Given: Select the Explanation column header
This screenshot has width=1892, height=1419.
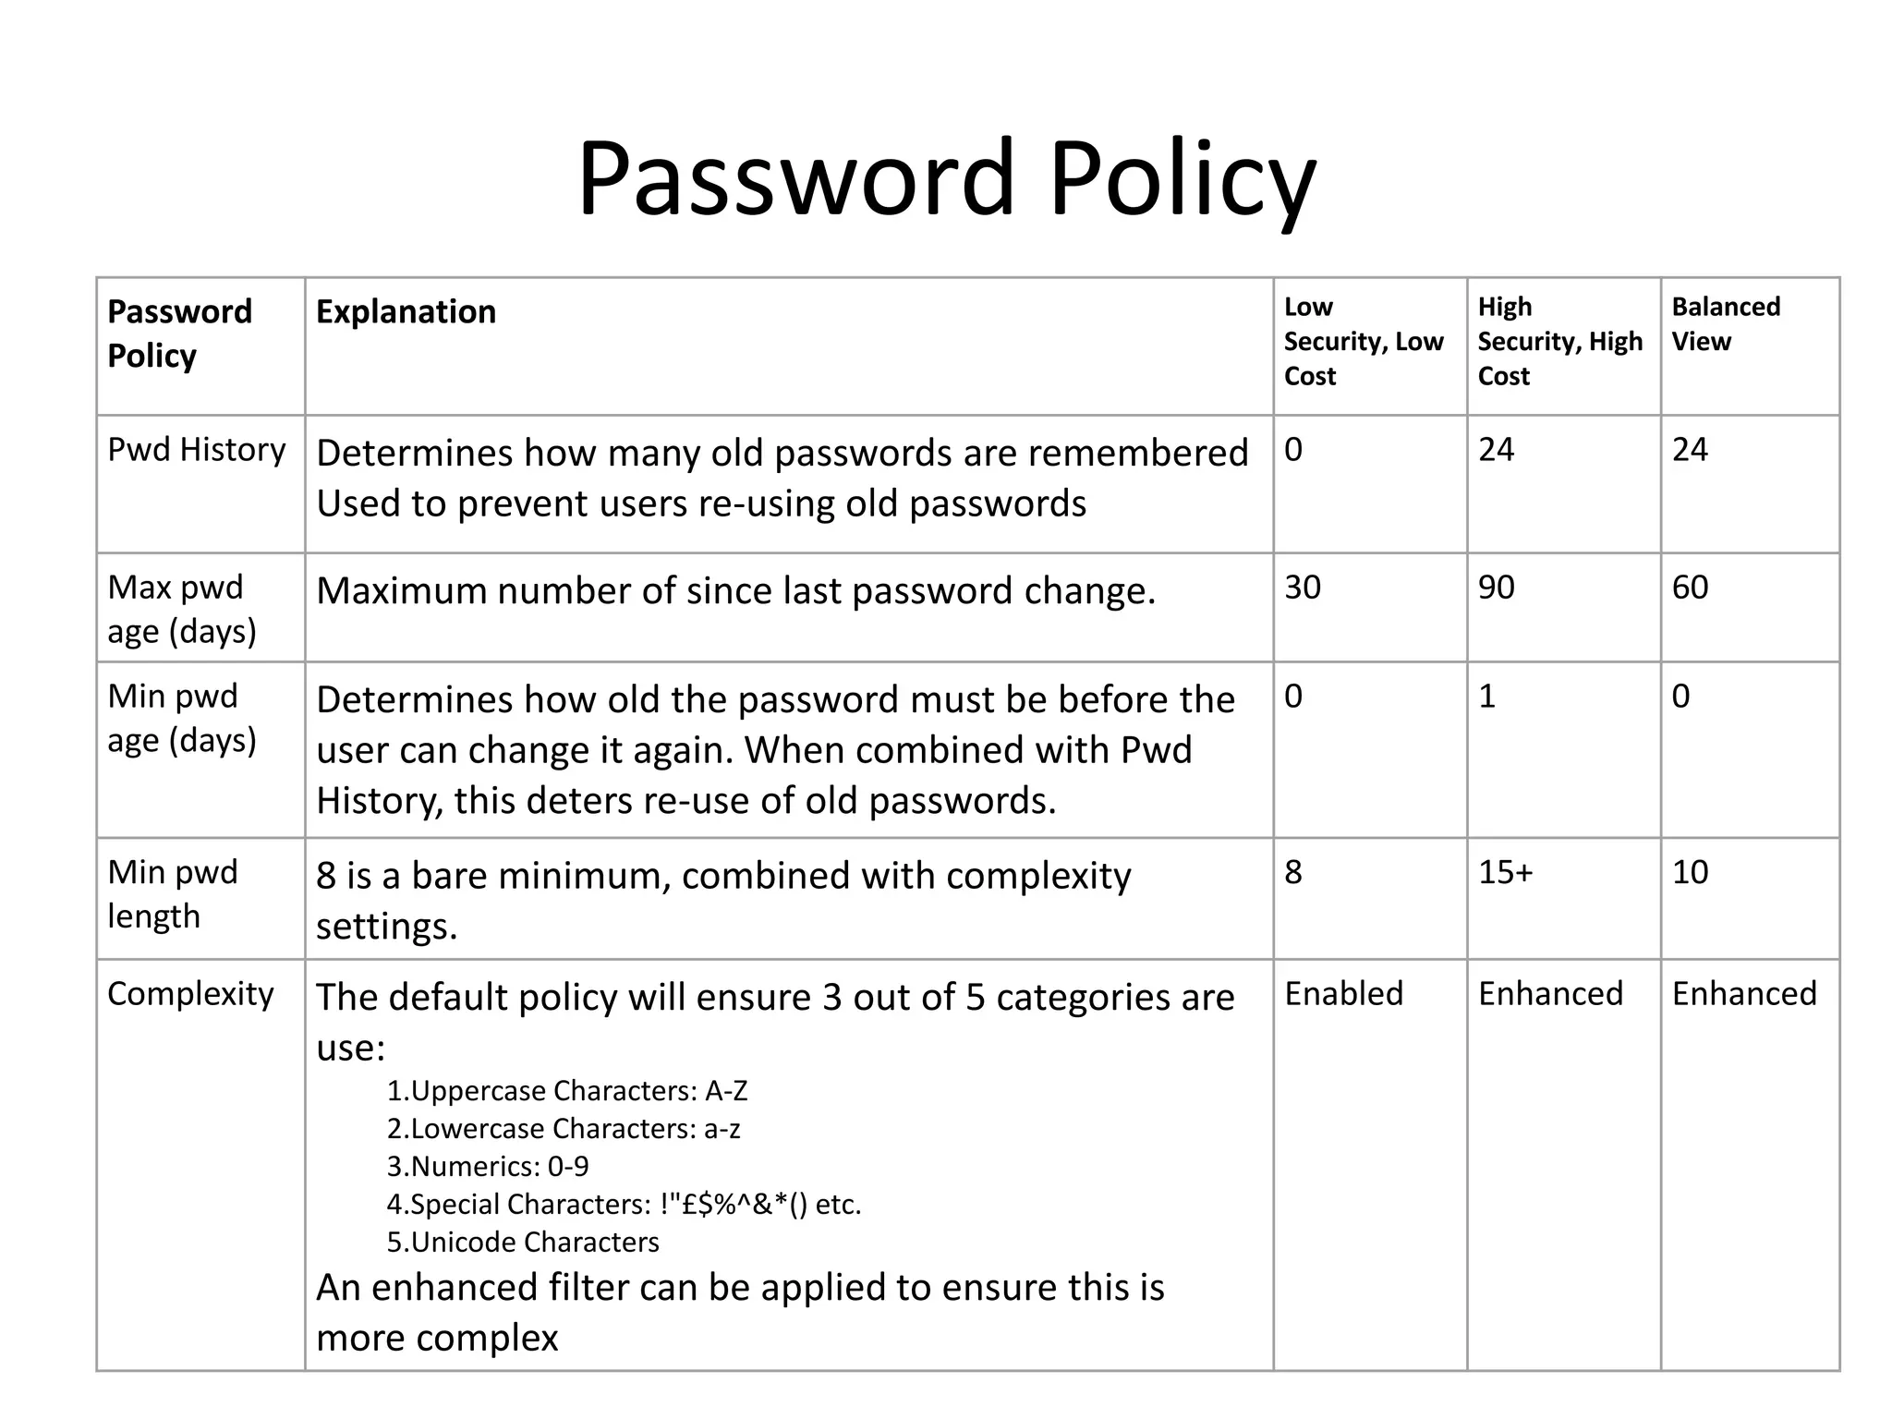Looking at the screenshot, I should coord(406,312).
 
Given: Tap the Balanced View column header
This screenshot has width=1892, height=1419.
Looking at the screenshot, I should coord(1725,323).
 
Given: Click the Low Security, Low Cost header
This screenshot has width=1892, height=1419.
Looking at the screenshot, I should coord(1363,341).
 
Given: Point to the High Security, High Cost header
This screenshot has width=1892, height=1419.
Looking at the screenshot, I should coord(1559,341).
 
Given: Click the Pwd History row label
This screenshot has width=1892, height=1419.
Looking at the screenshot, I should coord(196,450).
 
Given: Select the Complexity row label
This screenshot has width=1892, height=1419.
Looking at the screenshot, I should coord(190,994).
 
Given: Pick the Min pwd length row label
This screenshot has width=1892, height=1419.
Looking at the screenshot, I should coord(173,894).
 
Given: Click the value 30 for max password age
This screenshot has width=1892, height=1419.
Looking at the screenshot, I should coord(1303,588).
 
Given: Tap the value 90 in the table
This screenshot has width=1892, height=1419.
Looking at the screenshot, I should coord(1497,588).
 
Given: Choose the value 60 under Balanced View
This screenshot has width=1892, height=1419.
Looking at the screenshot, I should coord(1690,588).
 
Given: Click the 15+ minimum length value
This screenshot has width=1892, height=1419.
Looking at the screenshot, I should coord(1505,872).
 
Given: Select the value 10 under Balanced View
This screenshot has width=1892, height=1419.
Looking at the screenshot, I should coord(1690,872).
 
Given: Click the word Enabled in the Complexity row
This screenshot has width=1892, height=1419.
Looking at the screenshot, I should coord(1344,994).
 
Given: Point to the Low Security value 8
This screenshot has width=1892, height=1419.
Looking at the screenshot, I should coord(1293,872).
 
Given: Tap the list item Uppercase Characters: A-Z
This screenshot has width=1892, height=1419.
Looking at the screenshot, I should coord(567,1091).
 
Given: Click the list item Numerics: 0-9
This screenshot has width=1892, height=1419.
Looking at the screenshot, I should coord(488,1167).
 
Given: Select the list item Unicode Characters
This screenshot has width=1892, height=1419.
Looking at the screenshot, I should coord(523,1243).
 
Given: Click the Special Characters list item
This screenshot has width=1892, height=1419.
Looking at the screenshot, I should coord(624,1205).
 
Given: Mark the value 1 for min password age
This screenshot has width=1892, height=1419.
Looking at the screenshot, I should coord(1486,697).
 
